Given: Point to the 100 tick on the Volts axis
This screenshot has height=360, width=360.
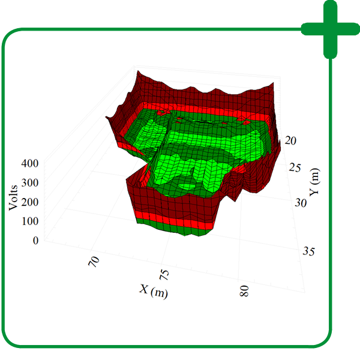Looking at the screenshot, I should (x=32, y=221).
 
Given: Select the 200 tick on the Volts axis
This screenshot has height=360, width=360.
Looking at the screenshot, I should (x=32, y=202).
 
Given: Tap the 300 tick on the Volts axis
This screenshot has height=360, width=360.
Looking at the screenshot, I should (x=32, y=182).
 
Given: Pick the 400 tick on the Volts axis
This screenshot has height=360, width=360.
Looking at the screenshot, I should (x=32, y=163).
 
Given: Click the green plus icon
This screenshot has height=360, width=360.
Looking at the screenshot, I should (x=329, y=29).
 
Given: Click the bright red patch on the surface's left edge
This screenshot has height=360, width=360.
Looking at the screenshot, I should (x=126, y=143).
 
